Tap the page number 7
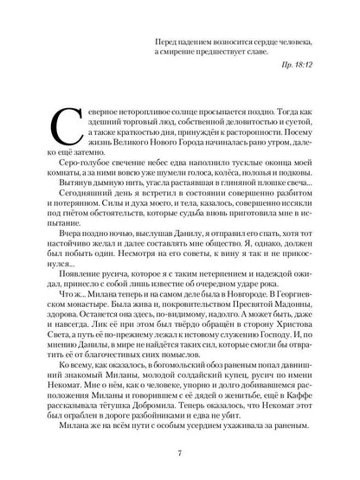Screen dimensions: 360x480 coord(178,451)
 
